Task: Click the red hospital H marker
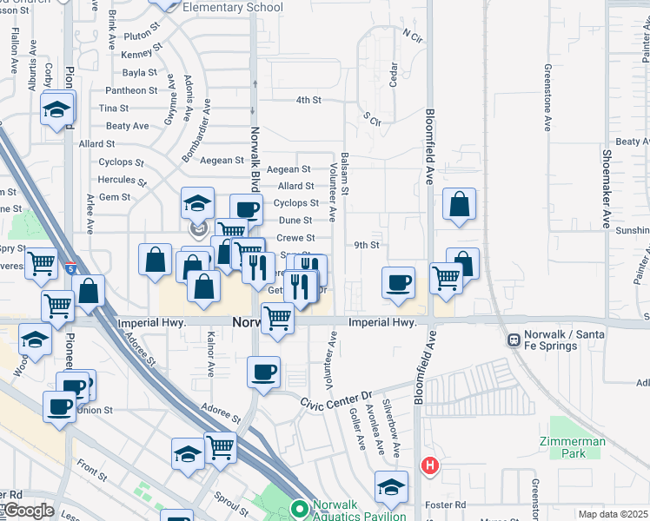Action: point(428,466)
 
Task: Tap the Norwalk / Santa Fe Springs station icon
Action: point(514,339)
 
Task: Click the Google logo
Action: point(27,511)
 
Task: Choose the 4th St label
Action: point(308,101)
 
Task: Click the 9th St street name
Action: point(367,246)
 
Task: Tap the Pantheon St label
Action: point(130,90)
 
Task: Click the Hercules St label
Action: point(122,181)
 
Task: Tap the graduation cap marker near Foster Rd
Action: point(391,486)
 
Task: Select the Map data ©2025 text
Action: point(613,514)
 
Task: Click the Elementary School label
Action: point(233,8)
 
